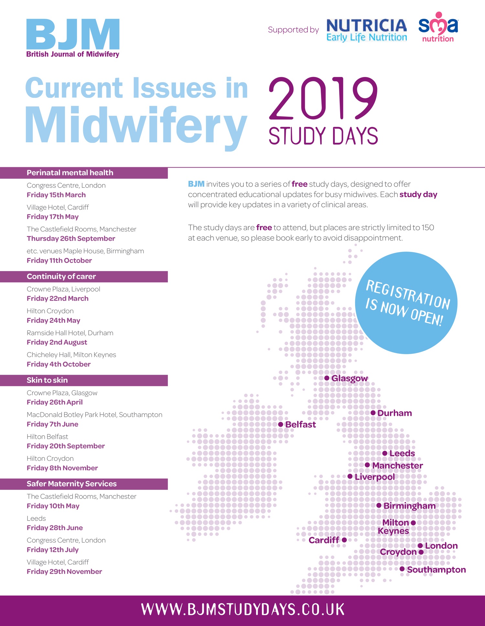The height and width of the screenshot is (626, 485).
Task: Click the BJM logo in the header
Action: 73,38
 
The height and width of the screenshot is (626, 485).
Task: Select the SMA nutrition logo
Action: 438,27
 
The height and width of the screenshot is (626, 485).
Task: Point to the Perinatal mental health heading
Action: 70,173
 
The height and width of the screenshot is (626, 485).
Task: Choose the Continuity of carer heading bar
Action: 84,276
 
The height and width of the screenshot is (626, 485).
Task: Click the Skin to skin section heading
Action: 47,380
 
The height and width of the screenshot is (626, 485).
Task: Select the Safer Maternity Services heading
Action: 71,484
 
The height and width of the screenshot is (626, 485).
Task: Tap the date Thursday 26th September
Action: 71,239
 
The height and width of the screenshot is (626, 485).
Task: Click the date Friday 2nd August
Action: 57,342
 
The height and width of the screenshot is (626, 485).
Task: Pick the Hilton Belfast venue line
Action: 47,437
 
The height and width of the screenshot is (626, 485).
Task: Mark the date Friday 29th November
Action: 64,572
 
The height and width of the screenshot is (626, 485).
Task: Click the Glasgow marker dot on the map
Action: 327,378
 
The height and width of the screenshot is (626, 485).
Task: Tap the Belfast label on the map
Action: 300,424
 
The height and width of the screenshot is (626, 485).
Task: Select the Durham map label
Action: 394,413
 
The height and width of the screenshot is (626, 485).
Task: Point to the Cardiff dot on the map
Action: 344,540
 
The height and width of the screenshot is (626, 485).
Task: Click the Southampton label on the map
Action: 436,569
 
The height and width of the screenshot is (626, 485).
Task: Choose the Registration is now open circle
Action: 406,303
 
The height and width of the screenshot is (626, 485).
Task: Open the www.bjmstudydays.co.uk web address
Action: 243,610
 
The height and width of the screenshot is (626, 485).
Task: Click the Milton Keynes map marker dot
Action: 413,523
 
